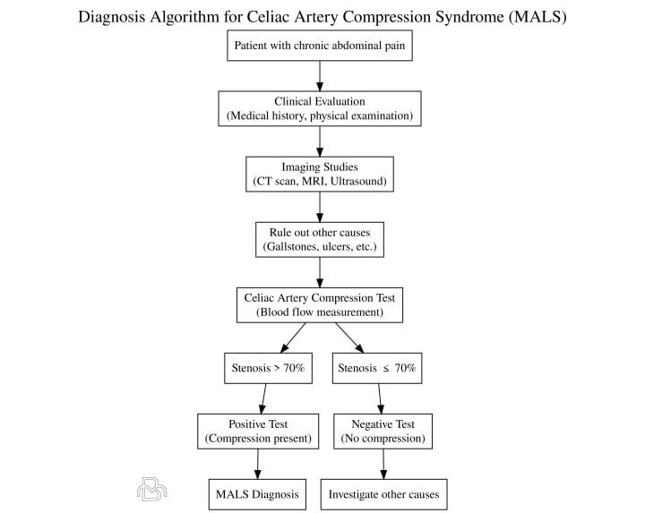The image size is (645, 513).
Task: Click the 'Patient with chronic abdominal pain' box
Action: pos(319,45)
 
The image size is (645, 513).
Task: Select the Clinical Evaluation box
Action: pos(319,108)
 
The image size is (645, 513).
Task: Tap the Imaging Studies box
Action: pos(319,174)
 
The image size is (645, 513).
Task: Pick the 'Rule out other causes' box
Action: pos(319,239)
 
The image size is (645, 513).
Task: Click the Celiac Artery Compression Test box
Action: pos(319,304)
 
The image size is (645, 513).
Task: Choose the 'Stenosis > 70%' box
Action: pos(267,368)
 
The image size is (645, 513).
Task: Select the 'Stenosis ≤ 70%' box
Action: pos(376,368)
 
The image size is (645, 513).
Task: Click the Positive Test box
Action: pos(258,432)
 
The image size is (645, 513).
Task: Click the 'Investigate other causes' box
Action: pos(383,494)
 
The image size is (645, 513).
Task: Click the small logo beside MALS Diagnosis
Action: pos(151,489)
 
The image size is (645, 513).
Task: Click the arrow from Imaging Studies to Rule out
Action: pos(320,207)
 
